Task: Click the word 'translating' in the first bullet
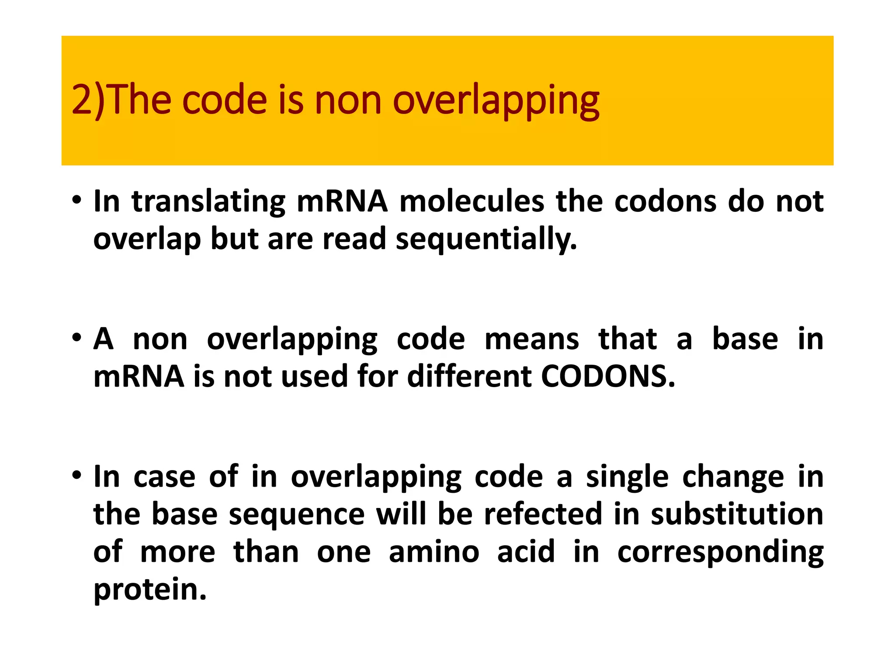click(208, 202)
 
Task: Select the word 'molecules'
click(472, 202)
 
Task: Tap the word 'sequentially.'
click(486, 239)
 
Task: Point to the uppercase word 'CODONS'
click(608, 376)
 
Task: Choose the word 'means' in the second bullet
click(531, 339)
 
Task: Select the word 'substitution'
click(737, 514)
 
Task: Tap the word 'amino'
click(434, 551)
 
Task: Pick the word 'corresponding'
click(720, 551)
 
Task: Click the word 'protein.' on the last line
click(150, 589)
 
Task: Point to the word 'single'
click(627, 477)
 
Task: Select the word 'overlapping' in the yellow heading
click(496, 101)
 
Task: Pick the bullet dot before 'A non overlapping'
click(77, 338)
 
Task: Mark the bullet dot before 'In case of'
click(77, 475)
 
